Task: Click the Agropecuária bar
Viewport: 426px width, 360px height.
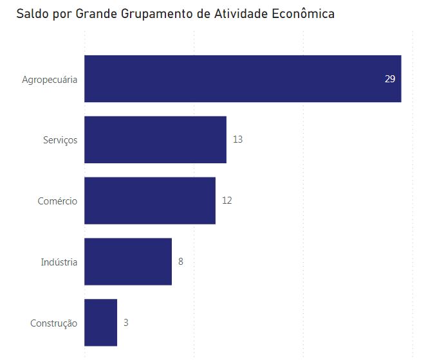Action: tap(243, 79)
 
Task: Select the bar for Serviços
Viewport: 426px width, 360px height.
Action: tap(155, 139)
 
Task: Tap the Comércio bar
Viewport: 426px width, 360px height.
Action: tap(150, 201)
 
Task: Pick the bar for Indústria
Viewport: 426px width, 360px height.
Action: tap(128, 262)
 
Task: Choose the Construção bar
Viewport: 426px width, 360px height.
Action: tap(100, 323)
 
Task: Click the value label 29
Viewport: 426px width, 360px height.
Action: tap(389, 79)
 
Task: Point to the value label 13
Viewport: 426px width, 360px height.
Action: tap(237, 139)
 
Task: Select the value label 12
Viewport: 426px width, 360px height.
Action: tap(227, 201)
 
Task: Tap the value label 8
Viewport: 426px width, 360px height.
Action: tap(181, 262)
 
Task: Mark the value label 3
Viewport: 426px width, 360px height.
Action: tap(126, 323)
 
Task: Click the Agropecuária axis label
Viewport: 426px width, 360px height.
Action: tap(50, 80)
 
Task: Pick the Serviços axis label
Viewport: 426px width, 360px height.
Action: tap(60, 140)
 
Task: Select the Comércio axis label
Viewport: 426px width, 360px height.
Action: tap(57, 201)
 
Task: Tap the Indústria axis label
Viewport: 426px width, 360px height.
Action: tap(59, 262)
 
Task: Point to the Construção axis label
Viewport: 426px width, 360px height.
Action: tap(53, 323)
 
